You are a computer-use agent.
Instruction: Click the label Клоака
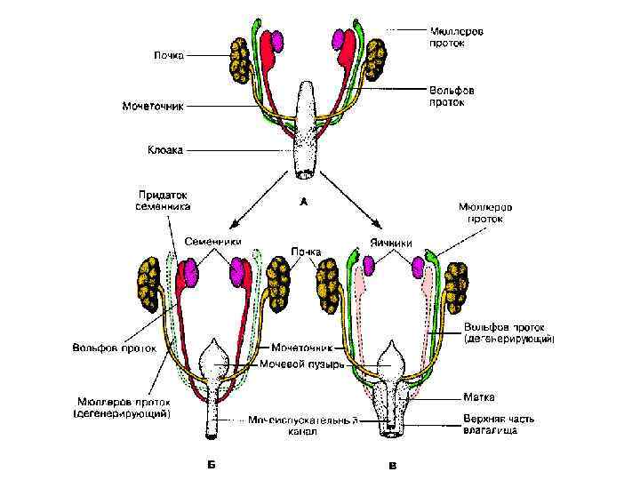[164, 150]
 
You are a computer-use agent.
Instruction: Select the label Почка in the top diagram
[169, 55]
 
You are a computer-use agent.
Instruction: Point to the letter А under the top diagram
[303, 202]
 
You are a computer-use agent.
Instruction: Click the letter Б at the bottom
[212, 463]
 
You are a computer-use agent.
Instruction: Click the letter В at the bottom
[393, 464]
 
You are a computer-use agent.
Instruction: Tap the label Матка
[478, 396]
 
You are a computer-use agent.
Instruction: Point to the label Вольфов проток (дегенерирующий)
[508, 332]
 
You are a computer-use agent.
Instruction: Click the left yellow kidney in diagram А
[240, 60]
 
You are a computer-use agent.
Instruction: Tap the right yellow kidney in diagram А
[372, 59]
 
